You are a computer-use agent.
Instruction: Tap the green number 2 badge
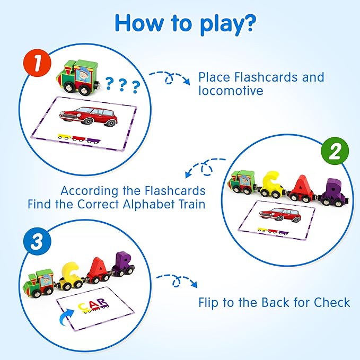tap(334, 153)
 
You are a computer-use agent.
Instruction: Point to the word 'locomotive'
tap(231, 91)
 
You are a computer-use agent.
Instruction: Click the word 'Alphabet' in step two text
tap(145, 204)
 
